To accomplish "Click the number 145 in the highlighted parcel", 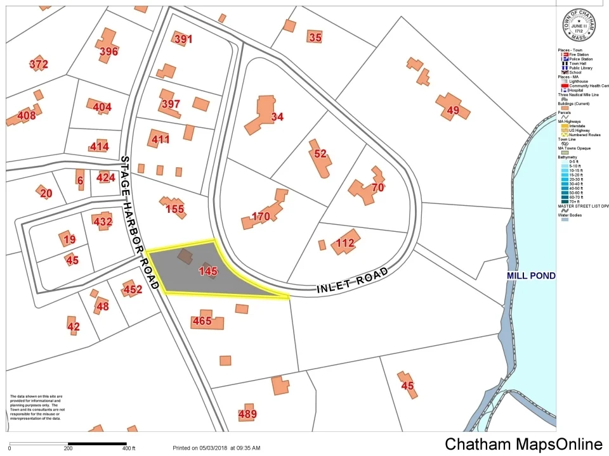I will point(208,272).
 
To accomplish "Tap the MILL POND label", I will point(531,275).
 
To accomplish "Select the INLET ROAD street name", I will point(352,282).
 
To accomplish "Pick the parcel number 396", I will point(108,51).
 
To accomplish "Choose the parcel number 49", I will point(453,111).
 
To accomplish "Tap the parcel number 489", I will point(247,415).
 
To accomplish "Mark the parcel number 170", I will point(261,217).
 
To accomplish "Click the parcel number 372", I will point(39,64).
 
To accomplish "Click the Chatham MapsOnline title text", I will point(523,444).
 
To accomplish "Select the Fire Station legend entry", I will point(578,55).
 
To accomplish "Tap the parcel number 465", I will point(202,321).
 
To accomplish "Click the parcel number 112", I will point(345,243).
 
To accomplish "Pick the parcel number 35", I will point(315,37).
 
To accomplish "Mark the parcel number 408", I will point(27,116).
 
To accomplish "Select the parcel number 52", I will point(320,153).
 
